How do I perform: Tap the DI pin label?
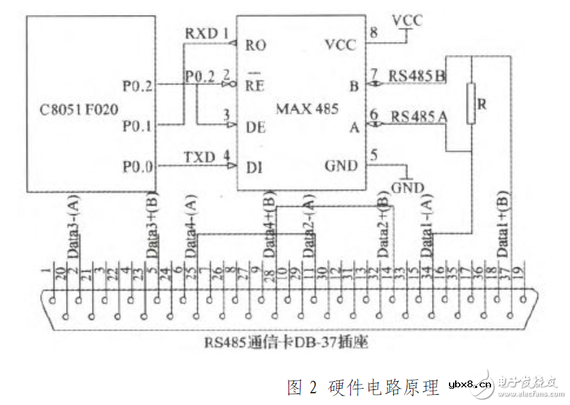tap(254, 167)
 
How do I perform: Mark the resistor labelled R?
tap(470, 103)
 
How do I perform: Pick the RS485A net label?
tap(417, 116)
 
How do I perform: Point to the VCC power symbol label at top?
tap(407, 20)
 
